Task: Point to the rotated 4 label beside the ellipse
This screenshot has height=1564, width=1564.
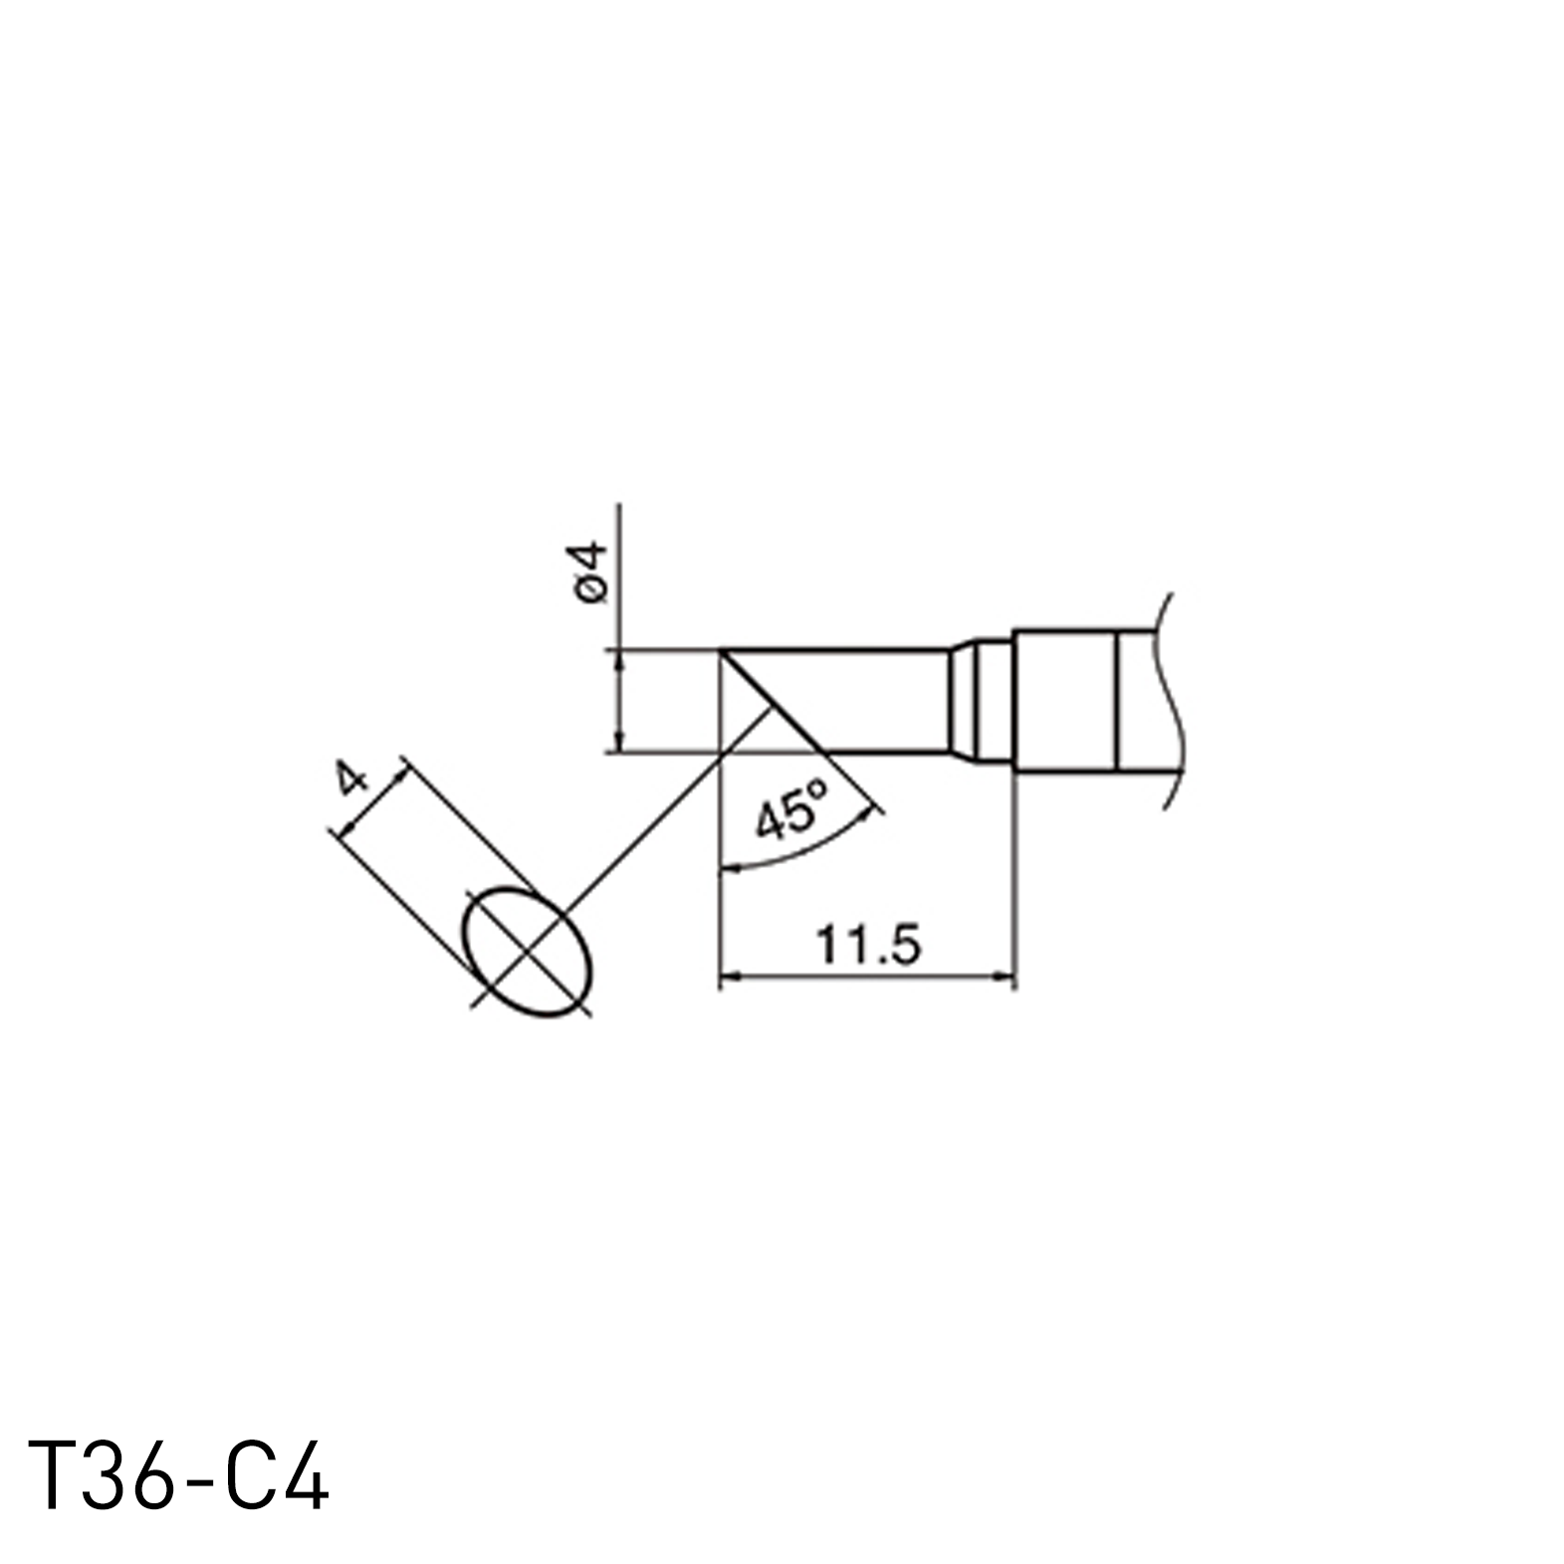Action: pos(350,780)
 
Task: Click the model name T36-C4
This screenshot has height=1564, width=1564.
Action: pos(178,1476)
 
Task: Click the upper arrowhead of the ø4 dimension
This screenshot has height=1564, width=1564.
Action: pos(619,657)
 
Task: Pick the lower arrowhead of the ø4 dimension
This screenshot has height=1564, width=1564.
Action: pos(619,744)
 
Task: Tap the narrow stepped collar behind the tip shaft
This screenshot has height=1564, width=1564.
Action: pos(981,701)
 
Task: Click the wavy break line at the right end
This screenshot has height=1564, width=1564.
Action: pos(1172,701)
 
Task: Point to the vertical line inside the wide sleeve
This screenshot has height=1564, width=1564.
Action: pos(1119,701)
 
